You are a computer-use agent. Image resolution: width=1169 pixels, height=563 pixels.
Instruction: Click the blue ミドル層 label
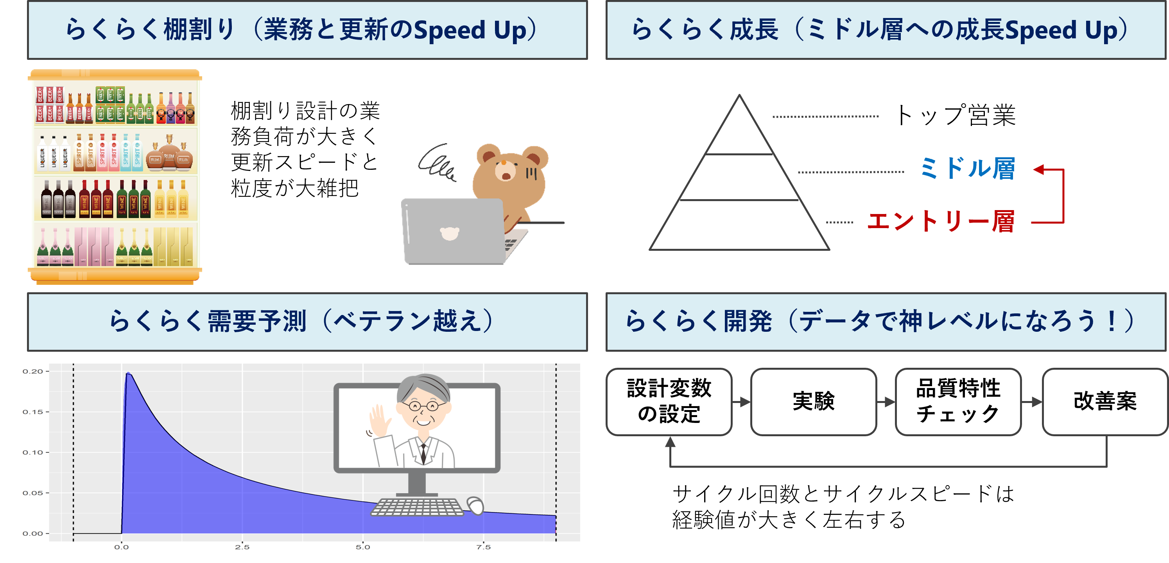coord(967,169)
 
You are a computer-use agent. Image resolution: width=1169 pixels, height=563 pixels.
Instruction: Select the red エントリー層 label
coord(941,222)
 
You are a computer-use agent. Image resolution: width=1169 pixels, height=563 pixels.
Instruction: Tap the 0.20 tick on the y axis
coord(33,371)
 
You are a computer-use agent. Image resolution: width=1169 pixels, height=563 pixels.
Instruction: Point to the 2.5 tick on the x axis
coord(242,547)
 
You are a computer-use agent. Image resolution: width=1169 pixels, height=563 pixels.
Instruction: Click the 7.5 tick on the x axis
coord(483,547)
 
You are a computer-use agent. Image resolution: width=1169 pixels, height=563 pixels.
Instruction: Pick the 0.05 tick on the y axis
coord(33,493)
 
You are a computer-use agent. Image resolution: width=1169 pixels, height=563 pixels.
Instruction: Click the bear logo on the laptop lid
coord(450,233)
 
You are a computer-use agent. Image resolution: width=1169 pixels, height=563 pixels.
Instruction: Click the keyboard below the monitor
coord(417,507)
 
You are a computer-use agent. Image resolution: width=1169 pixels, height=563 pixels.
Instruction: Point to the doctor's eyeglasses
coord(423,405)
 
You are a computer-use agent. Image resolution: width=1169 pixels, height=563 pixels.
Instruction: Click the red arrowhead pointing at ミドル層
coord(1039,170)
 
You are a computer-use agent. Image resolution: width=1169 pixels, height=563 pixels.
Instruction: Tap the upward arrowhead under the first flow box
coord(670,442)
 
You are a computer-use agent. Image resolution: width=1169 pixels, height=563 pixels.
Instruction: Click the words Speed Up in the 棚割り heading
coord(470,31)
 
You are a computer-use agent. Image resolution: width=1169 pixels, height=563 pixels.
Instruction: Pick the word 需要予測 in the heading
coord(257,322)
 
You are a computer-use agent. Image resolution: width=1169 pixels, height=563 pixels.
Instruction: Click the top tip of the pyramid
coord(739,95)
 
